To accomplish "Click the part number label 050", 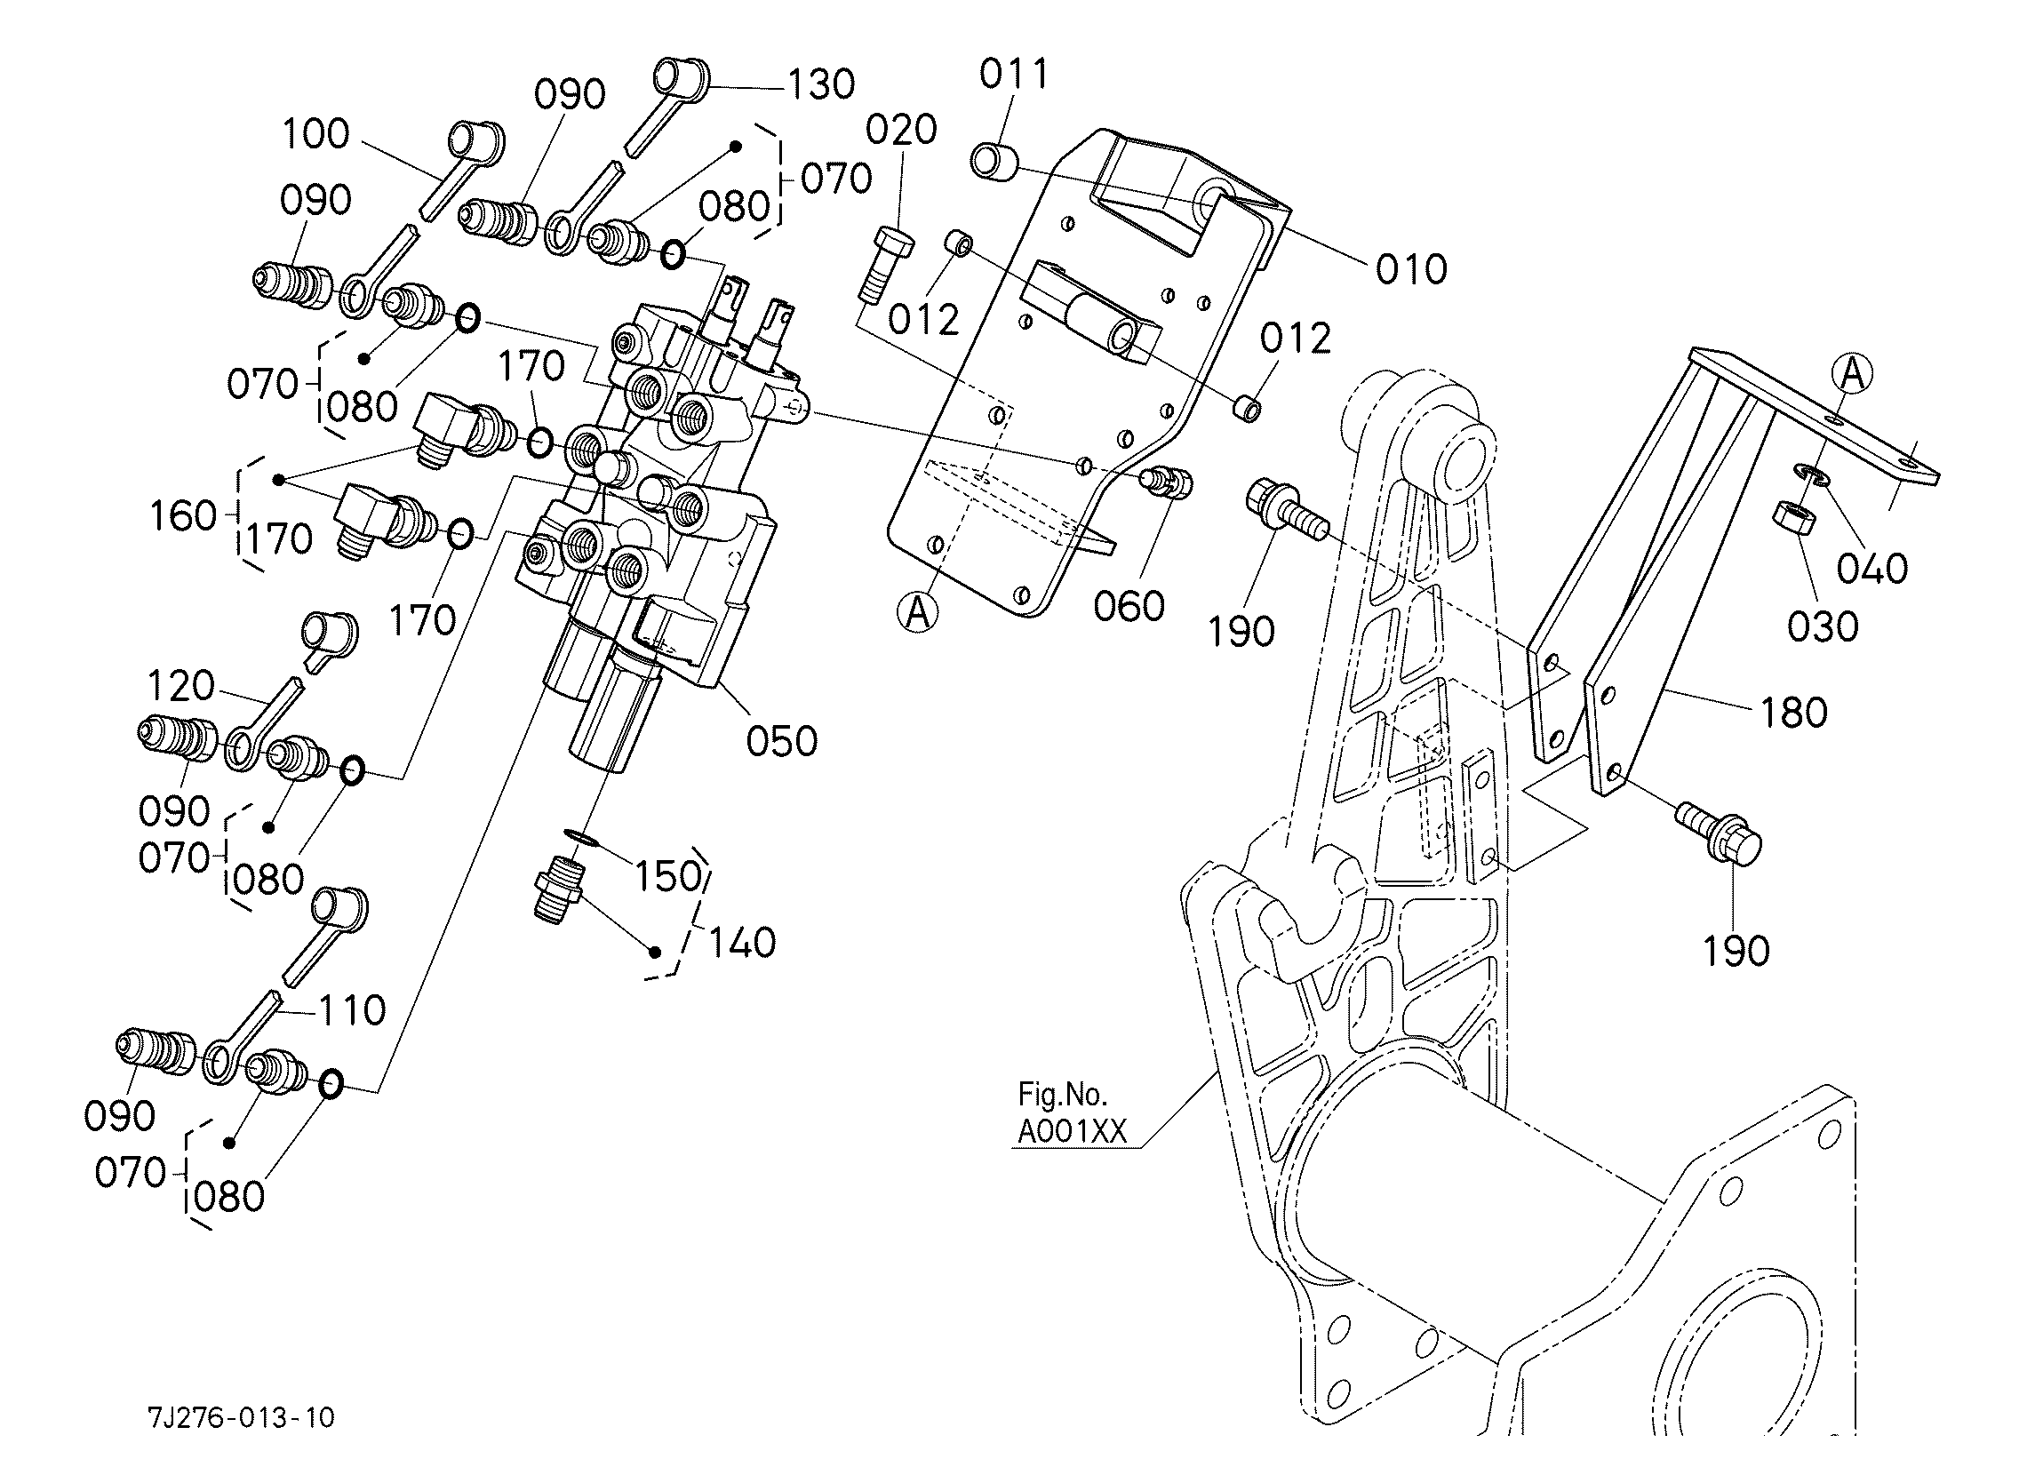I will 781,741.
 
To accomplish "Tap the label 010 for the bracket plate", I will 1410,269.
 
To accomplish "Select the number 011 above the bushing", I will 1014,74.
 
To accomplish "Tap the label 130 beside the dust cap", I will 820,84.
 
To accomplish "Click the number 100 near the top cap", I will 315,134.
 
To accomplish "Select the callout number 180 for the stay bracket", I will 1792,713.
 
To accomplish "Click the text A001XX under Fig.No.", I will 1072,1132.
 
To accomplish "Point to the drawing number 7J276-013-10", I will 242,1417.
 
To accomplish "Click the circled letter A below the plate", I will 918,613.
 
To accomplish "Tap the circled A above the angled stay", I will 1852,373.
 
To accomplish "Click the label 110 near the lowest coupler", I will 352,1010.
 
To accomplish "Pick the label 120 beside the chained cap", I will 180,687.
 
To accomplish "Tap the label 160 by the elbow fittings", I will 184,517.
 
